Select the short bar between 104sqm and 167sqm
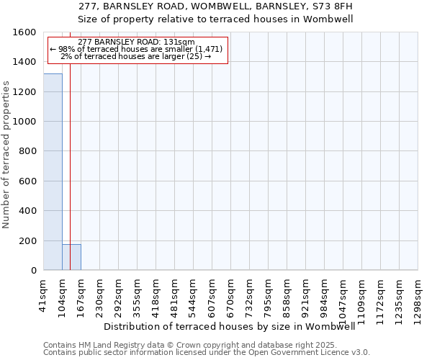pyautogui.click(x=71, y=257)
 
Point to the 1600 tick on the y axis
pyautogui.click(x=26, y=32)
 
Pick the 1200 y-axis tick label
pyautogui.click(x=26, y=92)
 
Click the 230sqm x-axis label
pyautogui.click(x=100, y=294)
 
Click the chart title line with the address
pyautogui.click(x=216, y=6)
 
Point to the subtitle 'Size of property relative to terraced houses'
pyautogui.click(x=216, y=19)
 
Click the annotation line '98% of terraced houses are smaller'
pyautogui.click(x=136, y=49)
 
